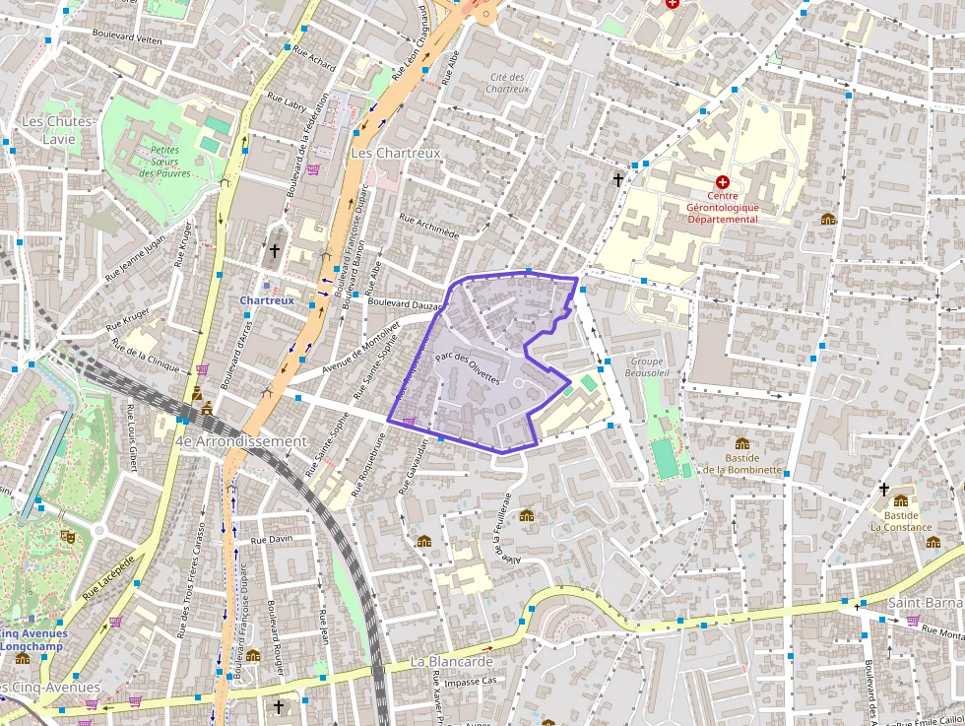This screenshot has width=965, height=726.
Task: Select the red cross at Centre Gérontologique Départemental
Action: pyautogui.click(x=723, y=182)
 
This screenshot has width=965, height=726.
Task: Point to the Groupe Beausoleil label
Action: pyautogui.click(x=647, y=367)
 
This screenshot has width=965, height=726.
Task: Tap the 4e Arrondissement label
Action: pyautogui.click(x=241, y=441)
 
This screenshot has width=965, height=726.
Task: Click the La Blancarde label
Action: pyautogui.click(x=451, y=661)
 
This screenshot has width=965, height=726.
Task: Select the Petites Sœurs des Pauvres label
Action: pyautogui.click(x=164, y=162)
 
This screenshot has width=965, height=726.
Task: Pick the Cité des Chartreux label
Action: pyautogui.click(x=507, y=83)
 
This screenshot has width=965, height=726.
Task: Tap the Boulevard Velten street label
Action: pyautogui.click(x=126, y=35)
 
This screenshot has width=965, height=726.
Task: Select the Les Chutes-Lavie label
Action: pyautogui.click(x=59, y=129)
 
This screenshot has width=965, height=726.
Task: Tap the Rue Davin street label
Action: pyautogui.click(x=273, y=540)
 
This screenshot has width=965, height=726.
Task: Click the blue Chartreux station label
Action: pyautogui.click(x=267, y=299)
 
